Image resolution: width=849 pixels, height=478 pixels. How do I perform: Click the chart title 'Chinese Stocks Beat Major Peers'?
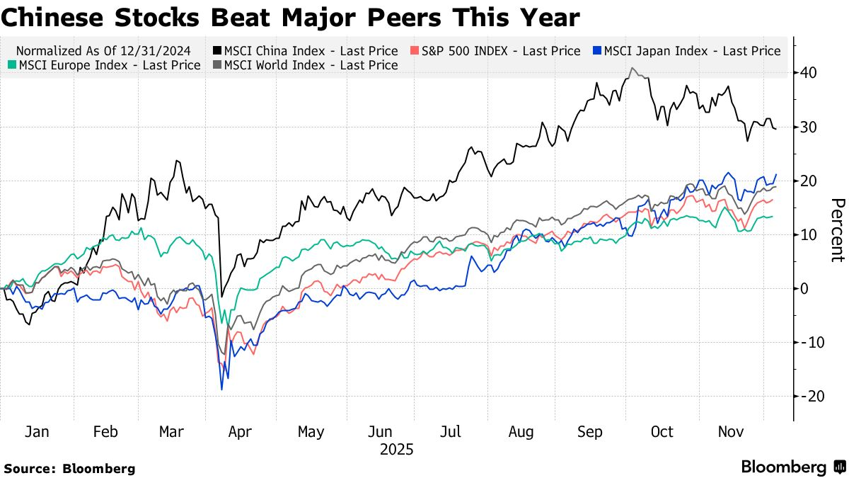point(290,17)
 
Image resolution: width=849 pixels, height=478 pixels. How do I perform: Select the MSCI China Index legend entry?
point(305,51)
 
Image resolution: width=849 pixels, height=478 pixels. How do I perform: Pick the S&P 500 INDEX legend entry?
point(495,51)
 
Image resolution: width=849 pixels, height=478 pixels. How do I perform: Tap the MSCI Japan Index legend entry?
point(686,51)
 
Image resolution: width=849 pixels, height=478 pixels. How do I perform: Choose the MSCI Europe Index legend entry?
point(106,65)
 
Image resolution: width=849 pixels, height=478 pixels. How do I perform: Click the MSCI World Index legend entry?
point(305,65)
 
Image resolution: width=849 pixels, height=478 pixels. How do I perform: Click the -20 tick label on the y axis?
point(807,396)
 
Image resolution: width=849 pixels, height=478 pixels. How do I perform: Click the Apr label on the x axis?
point(241,432)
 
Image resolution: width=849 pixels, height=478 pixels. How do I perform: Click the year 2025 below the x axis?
point(396,450)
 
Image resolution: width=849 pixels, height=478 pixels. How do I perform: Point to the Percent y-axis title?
point(837,229)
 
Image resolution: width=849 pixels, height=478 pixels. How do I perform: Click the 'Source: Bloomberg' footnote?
point(69,468)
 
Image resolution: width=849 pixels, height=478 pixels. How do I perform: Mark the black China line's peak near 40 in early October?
point(631,68)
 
